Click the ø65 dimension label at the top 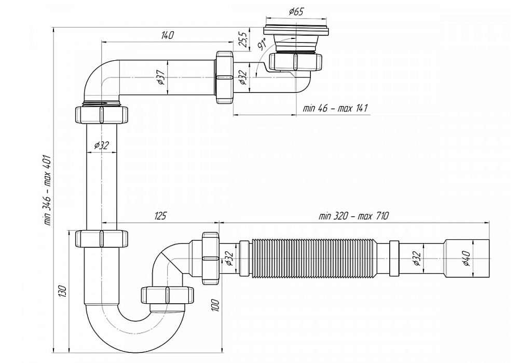click(296, 11)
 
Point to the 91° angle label click(263, 44)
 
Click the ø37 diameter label click(161, 77)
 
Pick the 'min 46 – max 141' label click(335, 109)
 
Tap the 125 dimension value click(160, 216)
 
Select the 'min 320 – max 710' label click(353, 216)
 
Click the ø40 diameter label click(466, 258)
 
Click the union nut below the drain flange click(296, 61)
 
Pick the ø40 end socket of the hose click(467, 258)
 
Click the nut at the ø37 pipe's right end click(225, 77)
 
